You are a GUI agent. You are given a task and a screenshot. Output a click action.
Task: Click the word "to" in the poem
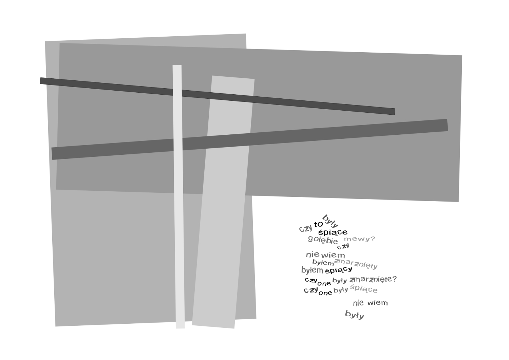click(318, 225)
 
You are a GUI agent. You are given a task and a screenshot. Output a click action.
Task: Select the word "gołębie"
click(323, 240)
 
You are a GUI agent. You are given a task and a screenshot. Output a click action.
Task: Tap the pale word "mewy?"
click(359, 239)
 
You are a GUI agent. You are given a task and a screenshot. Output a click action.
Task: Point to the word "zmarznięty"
click(356, 264)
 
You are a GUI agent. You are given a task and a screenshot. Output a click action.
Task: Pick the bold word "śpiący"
click(339, 270)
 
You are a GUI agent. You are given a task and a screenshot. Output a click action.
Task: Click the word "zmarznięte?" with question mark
click(373, 279)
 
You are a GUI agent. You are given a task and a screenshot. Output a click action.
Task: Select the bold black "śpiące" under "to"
click(333, 232)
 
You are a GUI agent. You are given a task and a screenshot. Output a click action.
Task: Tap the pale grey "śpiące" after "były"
click(363, 288)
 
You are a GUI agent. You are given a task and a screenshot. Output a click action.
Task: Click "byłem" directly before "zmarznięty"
click(323, 263)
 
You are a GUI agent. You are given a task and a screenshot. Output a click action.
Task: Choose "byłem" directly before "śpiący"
click(312, 270)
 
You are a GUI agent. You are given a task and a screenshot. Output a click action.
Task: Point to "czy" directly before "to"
click(306, 228)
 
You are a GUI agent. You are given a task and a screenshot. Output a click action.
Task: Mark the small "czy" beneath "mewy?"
click(343, 246)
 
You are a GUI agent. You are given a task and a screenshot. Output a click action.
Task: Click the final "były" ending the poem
click(355, 315)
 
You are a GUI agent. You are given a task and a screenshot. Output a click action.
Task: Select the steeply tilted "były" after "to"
click(331, 221)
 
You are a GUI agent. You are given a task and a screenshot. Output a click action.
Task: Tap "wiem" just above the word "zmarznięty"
click(333, 255)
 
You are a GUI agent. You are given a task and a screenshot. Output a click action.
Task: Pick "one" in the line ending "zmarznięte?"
click(324, 283)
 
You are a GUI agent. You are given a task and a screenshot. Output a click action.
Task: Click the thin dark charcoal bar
click(218, 96)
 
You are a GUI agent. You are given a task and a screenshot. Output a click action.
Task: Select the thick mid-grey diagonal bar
click(250, 139)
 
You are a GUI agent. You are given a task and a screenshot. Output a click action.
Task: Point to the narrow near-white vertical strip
click(178, 196)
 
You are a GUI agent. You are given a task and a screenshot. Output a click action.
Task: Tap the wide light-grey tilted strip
click(223, 202)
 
